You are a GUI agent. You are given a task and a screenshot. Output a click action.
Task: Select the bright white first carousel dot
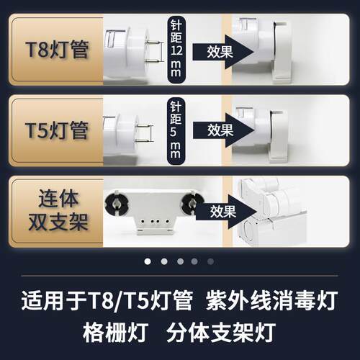point(148,261)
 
